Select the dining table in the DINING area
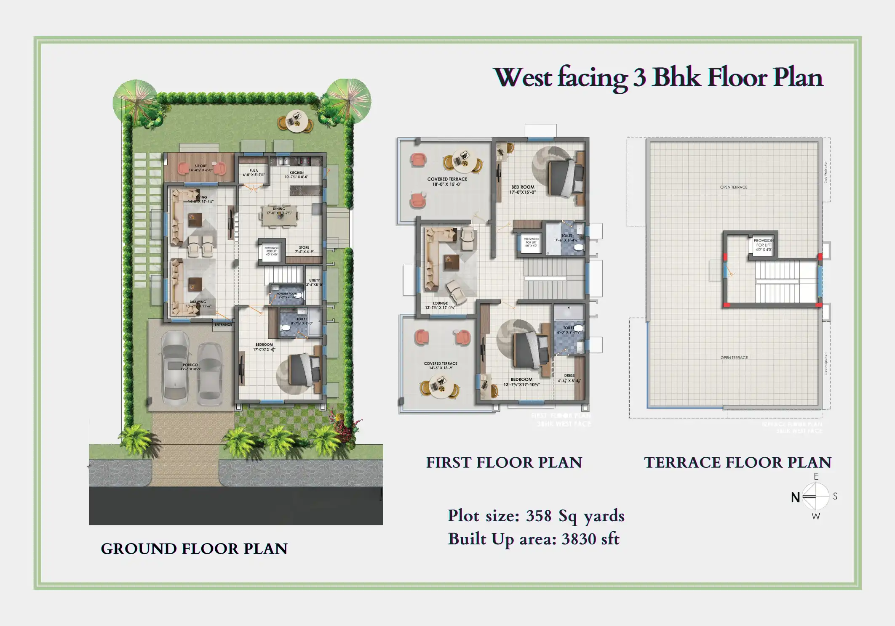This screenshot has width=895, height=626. (x=279, y=215)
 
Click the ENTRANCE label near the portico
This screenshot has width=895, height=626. (x=223, y=324)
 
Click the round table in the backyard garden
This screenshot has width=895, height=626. (x=296, y=121)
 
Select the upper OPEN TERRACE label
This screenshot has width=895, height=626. (x=733, y=187)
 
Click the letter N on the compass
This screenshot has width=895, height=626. (x=795, y=498)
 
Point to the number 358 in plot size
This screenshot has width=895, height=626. (x=539, y=516)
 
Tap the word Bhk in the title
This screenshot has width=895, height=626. (x=676, y=78)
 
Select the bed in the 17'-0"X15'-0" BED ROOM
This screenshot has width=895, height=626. (x=565, y=177)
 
